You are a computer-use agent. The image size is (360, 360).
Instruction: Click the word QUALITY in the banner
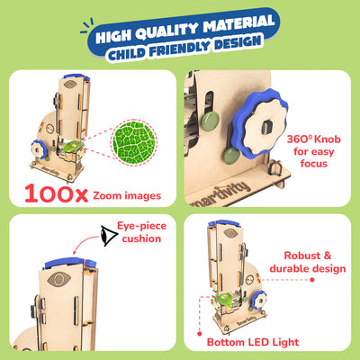click(x=166, y=30)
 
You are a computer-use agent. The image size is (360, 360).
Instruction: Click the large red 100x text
click(x=56, y=193)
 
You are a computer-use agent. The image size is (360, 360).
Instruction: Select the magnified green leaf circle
click(x=134, y=142)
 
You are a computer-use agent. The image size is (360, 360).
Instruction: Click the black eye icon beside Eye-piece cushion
click(x=109, y=236)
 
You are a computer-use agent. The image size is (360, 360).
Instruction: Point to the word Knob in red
click(x=327, y=139)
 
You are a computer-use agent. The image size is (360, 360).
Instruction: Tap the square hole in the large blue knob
click(x=265, y=127)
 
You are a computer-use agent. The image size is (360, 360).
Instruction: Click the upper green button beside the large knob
click(x=210, y=121)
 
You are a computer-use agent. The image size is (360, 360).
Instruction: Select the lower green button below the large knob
click(x=232, y=155)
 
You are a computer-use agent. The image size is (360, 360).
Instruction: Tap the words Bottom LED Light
click(x=253, y=342)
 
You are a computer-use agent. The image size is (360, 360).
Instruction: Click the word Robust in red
click(x=298, y=256)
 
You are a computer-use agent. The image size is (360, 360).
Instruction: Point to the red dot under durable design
click(x=312, y=280)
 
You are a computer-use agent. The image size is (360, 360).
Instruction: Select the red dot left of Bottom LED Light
click(x=200, y=334)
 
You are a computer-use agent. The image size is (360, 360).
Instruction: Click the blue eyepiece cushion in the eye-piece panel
click(x=70, y=263)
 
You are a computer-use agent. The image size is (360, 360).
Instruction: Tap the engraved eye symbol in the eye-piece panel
click(x=59, y=280)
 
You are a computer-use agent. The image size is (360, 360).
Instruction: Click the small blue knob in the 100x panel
click(x=39, y=149)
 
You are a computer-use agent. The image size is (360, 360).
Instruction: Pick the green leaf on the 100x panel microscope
click(x=73, y=146)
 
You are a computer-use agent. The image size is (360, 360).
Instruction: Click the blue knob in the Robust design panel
click(x=258, y=301)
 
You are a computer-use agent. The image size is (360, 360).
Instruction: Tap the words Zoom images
click(x=127, y=196)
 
